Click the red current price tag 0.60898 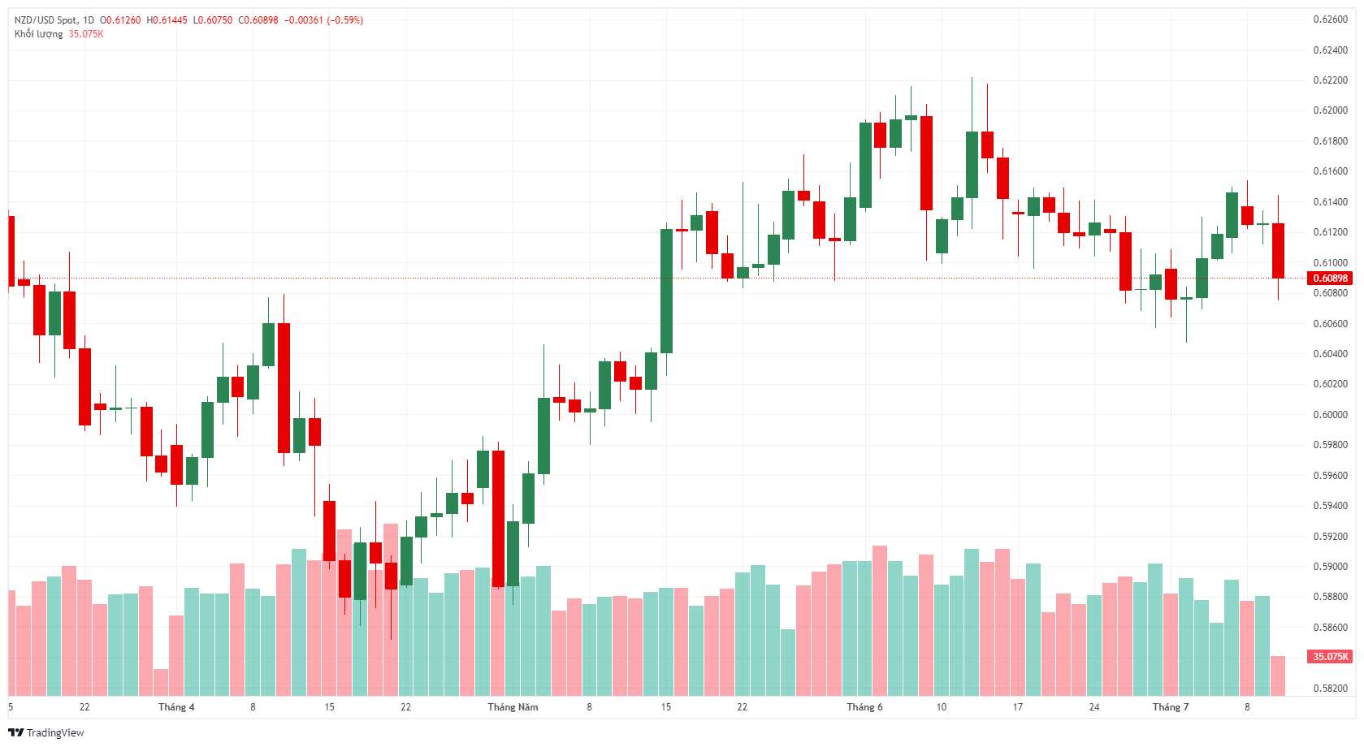pos(1330,279)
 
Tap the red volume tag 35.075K pos(1330,656)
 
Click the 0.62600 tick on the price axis pos(1330,19)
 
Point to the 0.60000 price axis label pos(1330,414)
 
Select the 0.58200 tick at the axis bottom pos(1330,688)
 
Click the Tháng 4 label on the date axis pos(176,707)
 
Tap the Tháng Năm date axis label pos(513,707)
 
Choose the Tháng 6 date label pos(864,707)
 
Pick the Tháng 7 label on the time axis pos(1170,707)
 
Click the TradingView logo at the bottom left pos(46,732)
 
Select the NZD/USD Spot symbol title pos(46,20)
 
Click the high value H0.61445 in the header pos(167,20)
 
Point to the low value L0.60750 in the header pos(212,20)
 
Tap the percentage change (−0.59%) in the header pos(345,20)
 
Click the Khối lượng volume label pos(38,34)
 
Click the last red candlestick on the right pos(1278,250)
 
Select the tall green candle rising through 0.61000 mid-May pos(666,291)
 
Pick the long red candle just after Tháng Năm pos(498,518)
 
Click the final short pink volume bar pos(1278,676)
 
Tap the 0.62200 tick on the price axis pos(1330,80)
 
